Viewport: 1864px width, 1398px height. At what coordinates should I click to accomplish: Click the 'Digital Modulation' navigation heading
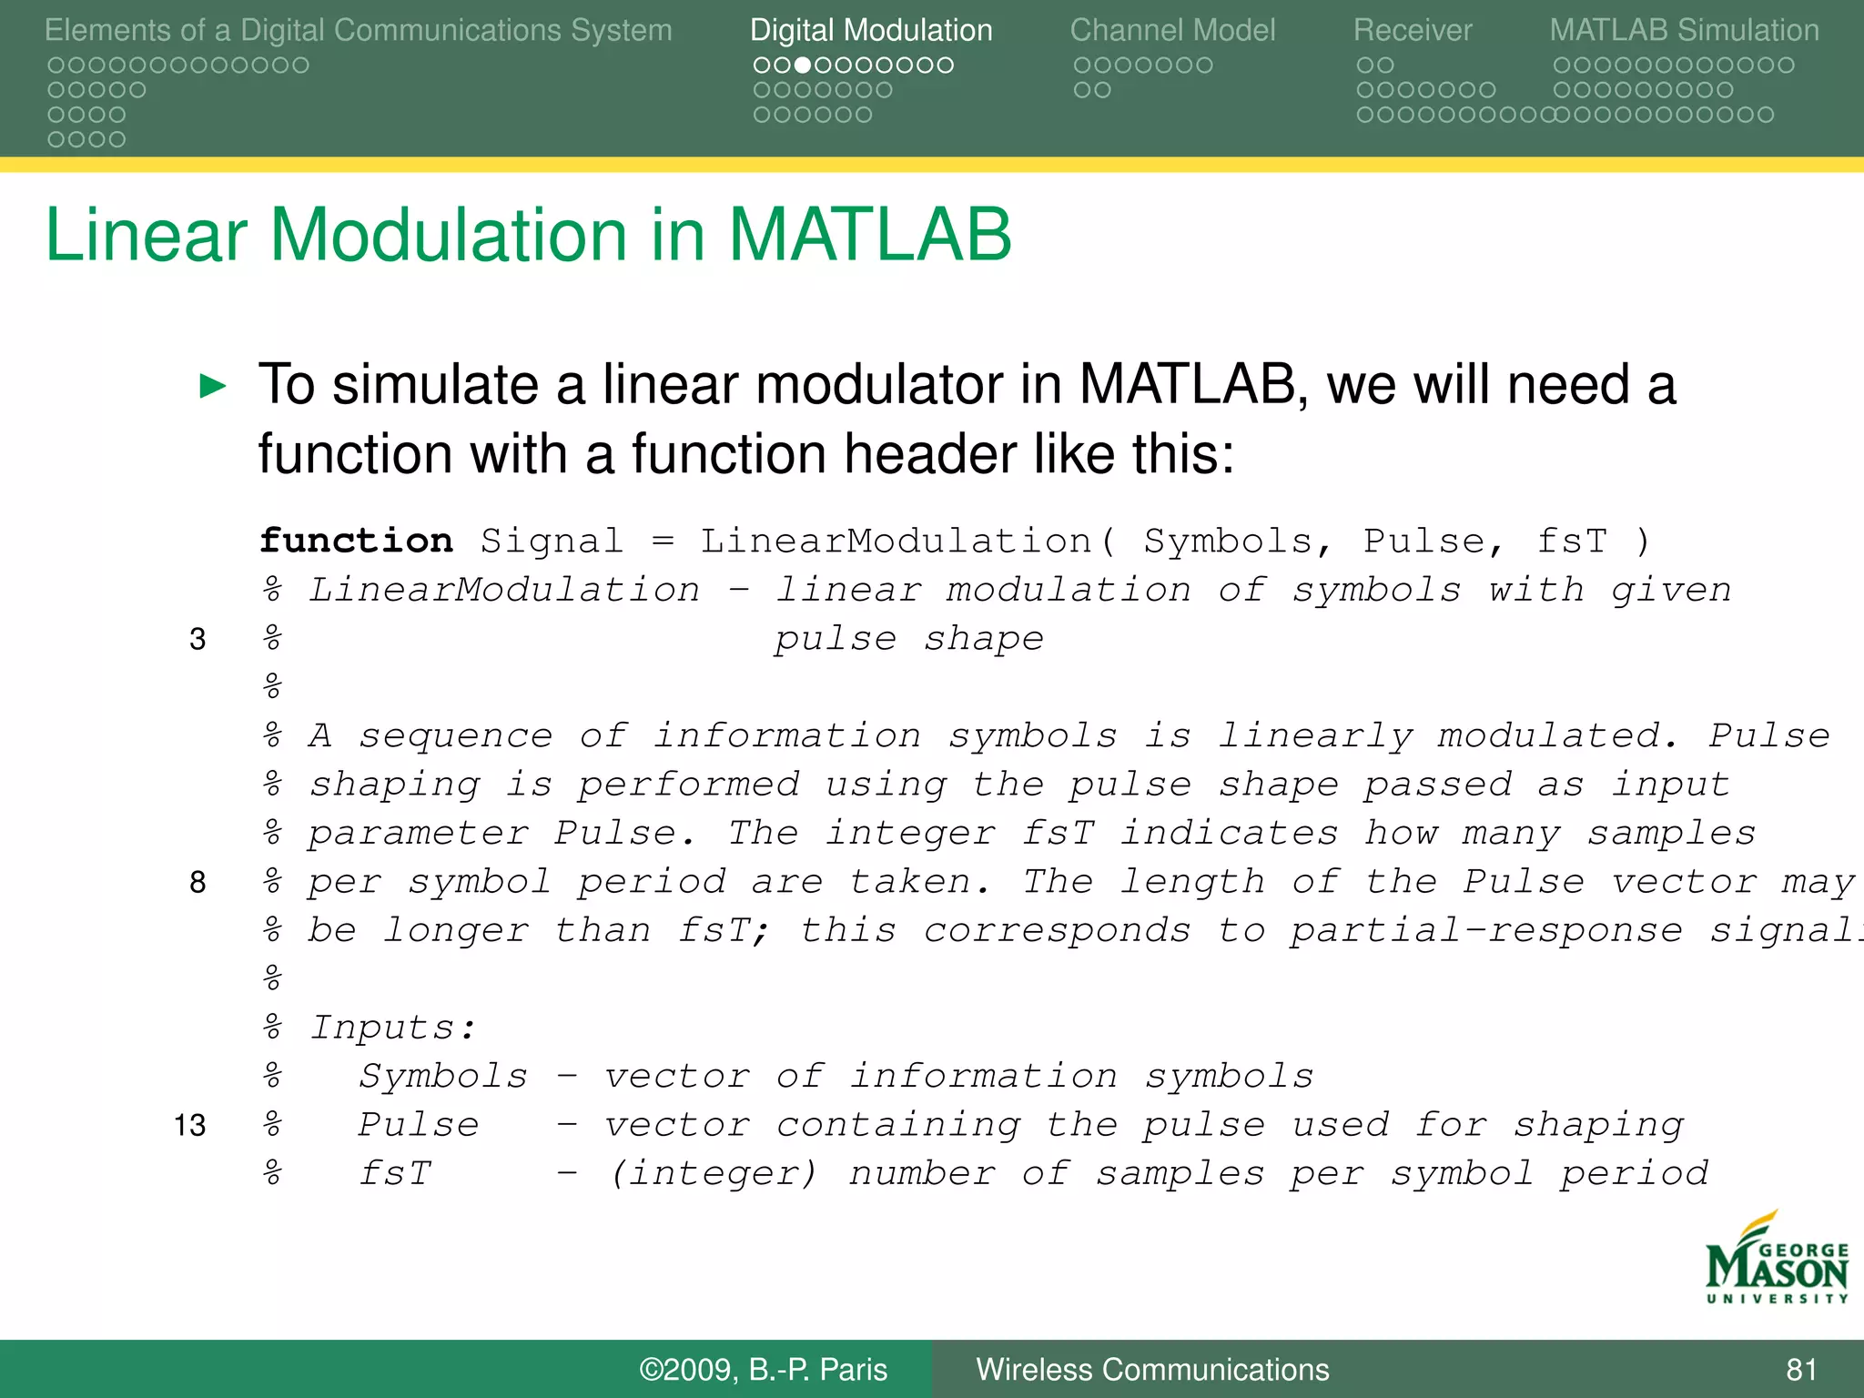tap(871, 30)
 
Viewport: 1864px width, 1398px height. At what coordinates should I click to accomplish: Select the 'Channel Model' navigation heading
tap(1172, 30)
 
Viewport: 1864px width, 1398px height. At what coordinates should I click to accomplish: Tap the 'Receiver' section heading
tap(1412, 30)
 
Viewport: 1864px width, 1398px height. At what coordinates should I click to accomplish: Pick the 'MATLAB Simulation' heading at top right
tap(1684, 30)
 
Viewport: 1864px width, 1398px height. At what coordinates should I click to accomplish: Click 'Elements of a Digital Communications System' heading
tap(358, 30)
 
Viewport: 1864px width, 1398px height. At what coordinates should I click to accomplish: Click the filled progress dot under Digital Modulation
tap(802, 66)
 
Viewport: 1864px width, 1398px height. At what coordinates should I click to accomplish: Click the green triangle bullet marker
tap(212, 386)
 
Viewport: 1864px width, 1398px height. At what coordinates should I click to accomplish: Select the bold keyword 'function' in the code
tap(356, 541)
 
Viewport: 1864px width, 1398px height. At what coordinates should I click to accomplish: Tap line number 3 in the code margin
tap(198, 639)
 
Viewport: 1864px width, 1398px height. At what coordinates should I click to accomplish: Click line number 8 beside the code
tap(198, 882)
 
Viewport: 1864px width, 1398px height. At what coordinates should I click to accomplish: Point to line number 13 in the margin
tap(190, 1126)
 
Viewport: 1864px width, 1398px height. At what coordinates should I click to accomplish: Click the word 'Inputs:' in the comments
tap(393, 1028)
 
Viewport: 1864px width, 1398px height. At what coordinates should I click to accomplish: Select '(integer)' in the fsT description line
tap(714, 1174)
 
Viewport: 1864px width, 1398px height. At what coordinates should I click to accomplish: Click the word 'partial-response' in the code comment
tap(1485, 930)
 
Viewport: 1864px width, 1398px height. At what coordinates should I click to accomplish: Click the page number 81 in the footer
tap(1801, 1370)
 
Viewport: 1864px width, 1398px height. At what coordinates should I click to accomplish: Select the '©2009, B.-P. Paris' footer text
tap(763, 1370)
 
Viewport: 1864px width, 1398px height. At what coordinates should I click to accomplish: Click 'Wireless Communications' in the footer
tap(1152, 1370)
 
